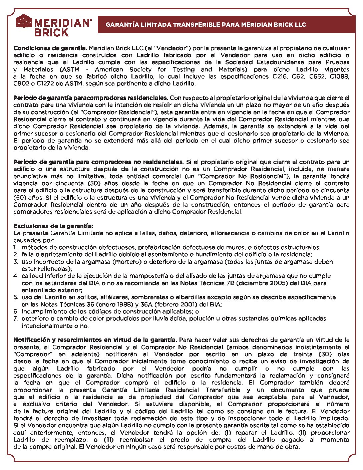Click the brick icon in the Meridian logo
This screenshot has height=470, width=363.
pos(24,21)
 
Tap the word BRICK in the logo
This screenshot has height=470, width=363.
pos(51,33)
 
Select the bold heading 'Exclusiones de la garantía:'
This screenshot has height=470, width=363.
pos(53,226)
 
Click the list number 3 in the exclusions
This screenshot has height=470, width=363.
pos(15,262)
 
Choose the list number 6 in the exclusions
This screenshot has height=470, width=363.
pos(15,311)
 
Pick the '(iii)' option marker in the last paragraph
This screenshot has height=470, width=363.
pos(109,440)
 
